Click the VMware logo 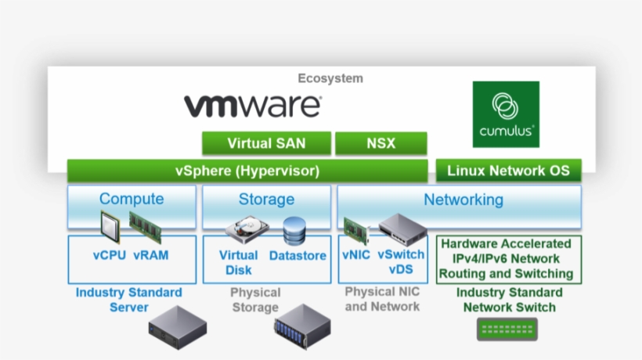252,105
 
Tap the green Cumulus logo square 506,114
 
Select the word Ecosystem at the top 330,78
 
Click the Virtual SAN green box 266,143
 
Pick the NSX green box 381,143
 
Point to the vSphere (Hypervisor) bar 247,171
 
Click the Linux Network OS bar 509,171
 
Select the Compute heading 132,199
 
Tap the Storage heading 266,200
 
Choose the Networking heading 463,200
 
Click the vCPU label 109,255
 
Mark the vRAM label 151,255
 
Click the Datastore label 298,256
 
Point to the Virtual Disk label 239,262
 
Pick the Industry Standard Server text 129,300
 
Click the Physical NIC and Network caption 382,299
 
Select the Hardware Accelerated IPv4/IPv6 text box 509,259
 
